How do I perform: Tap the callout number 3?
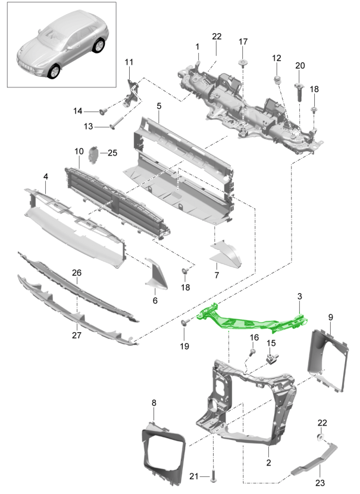point(300,295)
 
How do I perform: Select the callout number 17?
point(243,42)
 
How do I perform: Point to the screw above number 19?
point(185,323)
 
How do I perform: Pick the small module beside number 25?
point(93,154)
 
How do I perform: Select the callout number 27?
point(77,335)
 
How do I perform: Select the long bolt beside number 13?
point(115,125)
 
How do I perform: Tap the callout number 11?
point(129,62)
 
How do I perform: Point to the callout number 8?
point(154,403)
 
